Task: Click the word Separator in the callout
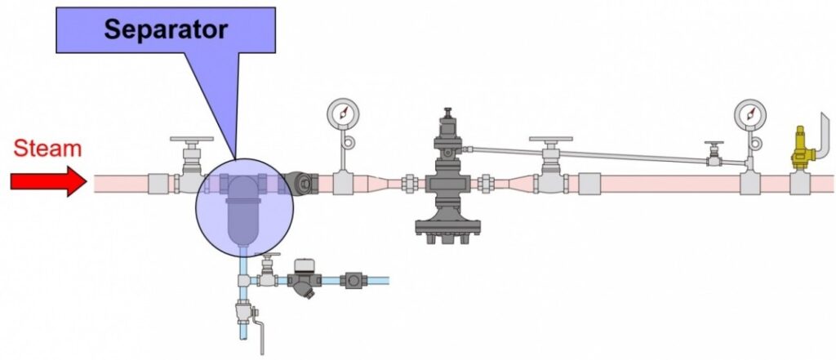coord(166,29)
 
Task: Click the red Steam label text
coord(47,149)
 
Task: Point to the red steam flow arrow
coord(48,181)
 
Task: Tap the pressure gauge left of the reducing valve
coord(343,113)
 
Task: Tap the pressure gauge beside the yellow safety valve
coord(750,114)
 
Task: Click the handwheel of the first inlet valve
coord(191,140)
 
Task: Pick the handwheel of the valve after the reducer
coord(551,140)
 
